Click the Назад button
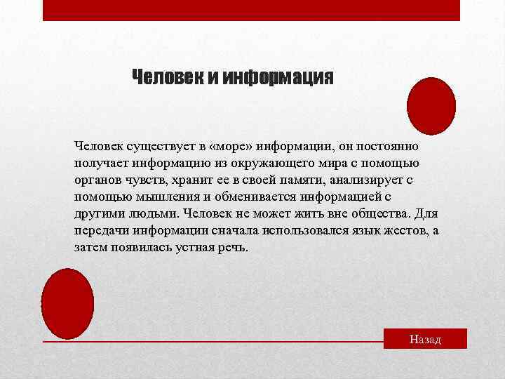tap(425, 339)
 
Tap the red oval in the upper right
tap(431, 106)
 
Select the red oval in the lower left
tap(67, 303)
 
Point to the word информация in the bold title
tap(278, 76)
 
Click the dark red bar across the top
tap(251, 10)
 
